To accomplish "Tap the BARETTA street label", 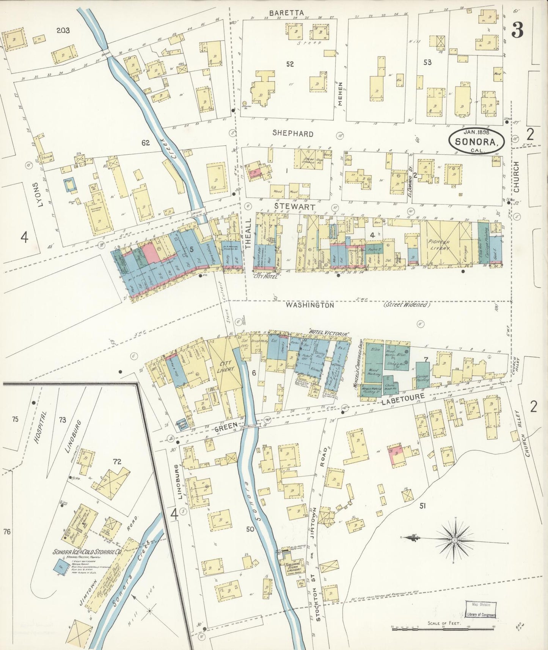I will (x=286, y=13).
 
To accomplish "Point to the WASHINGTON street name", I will (x=310, y=305).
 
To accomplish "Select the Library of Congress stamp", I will (x=480, y=609).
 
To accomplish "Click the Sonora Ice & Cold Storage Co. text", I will (x=87, y=552).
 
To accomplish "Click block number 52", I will (x=290, y=64).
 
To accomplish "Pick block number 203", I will (x=63, y=30).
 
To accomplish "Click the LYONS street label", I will (x=36, y=194).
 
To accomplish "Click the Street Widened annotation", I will (x=406, y=305).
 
